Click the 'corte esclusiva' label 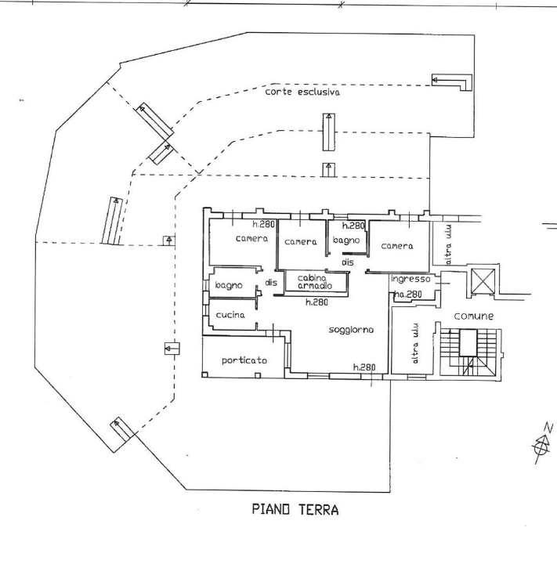pos(302,92)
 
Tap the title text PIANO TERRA pos(295,511)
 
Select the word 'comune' pos(474,316)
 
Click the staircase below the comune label pos(469,353)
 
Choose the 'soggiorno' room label pos(350,331)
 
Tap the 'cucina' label pos(230,315)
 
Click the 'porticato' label pos(244,361)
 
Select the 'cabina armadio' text pos(312,281)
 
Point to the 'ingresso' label pos(410,279)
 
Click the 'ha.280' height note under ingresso pos(408,295)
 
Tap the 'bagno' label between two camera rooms pos(345,241)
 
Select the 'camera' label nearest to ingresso pos(396,246)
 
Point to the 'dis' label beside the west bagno pos(270,283)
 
